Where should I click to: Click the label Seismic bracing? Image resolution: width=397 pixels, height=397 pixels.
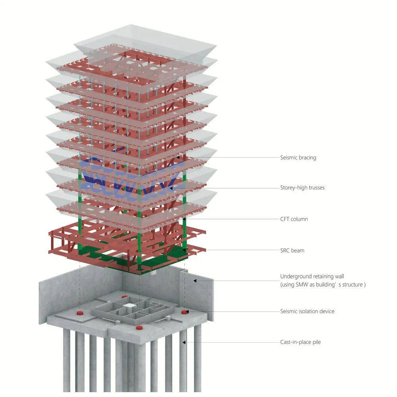298,158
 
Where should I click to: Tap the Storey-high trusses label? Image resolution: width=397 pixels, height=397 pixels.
302,187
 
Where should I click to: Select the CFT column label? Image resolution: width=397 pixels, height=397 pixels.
294,219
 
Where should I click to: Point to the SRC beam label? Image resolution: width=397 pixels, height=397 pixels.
292,251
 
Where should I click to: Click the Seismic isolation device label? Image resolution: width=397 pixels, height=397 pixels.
307,311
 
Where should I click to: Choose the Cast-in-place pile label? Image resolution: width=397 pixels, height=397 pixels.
300,342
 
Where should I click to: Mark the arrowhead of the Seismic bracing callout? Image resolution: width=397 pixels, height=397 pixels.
173,158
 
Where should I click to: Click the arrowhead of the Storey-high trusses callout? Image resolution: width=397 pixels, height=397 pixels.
171,188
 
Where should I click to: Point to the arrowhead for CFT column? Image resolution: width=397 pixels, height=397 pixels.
185,219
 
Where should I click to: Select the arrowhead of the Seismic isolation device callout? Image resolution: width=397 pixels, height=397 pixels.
188,312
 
